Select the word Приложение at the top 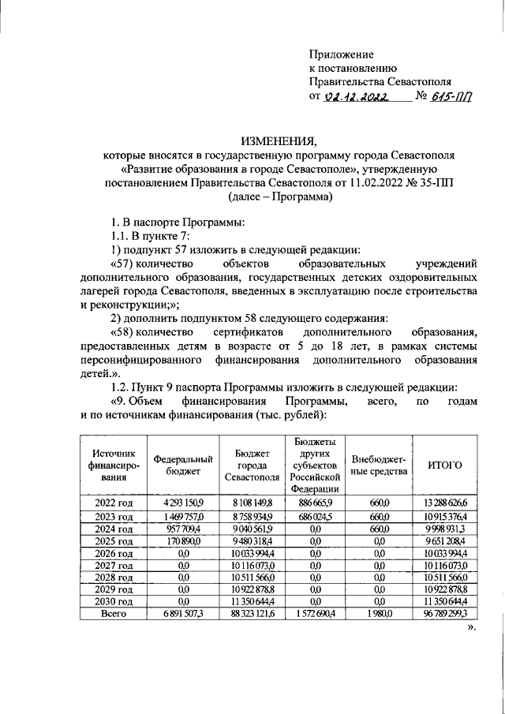coord(340,54)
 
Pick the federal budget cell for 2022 coord(183,502)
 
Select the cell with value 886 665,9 coord(313,502)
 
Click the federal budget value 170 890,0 coord(183,542)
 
